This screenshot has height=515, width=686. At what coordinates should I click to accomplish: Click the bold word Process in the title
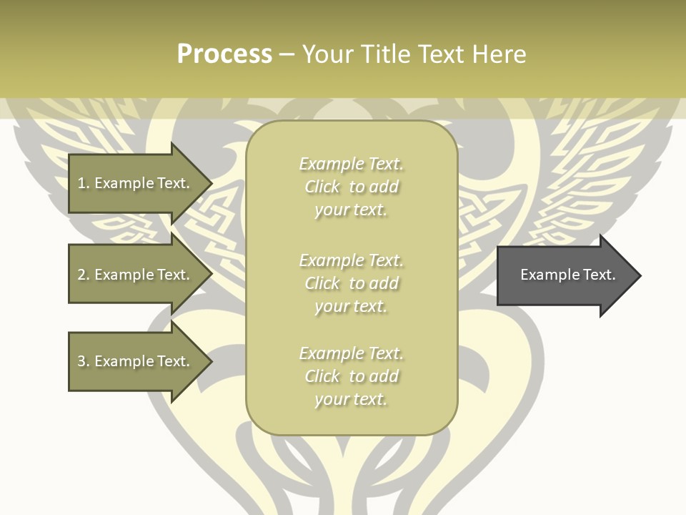coord(224,54)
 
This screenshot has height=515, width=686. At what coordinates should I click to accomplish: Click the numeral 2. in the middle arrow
coord(83,275)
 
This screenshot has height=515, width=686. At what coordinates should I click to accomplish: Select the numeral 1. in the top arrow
coord(83,183)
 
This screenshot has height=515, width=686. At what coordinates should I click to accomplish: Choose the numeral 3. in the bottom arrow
coord(83,361)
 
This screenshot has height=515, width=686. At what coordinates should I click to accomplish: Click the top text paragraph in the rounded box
coord(351,187)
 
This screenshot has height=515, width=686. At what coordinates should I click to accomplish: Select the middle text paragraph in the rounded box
coord(351,283)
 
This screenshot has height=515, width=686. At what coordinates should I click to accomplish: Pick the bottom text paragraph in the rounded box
coord(351,376)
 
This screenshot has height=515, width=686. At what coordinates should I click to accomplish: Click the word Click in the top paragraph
coord(322,187)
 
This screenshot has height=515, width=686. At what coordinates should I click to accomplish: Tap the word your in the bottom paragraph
coord(331,400)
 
